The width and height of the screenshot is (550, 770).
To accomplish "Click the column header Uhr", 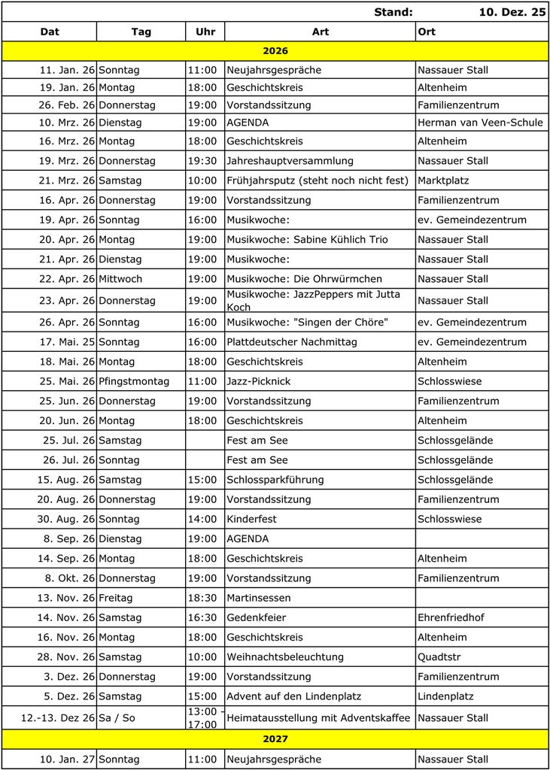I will [205, 32].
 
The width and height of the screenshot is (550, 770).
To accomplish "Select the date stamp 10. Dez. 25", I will [512, 12].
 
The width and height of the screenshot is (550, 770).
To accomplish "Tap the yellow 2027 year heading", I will [275, 739].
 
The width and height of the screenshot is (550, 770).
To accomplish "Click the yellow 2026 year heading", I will [275, 51].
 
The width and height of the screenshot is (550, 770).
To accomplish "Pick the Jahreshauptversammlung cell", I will [290, 161].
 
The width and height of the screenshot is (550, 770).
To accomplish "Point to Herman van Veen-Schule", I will [480, 123].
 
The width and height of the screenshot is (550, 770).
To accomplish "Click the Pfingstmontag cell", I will [134, 381].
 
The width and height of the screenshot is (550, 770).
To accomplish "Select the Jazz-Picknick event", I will [258, 381].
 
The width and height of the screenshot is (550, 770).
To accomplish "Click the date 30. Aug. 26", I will [67, 519].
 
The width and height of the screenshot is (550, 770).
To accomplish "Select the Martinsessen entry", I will [258, 598].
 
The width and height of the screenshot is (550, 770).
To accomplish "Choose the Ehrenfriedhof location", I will [451, 617].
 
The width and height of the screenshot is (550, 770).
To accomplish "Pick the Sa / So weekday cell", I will [117, 718].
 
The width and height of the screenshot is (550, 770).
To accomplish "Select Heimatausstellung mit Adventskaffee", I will [318, 718].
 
